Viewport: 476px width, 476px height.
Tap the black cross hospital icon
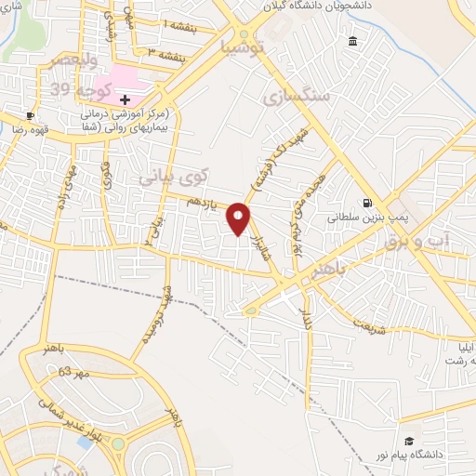[x=126, y=99]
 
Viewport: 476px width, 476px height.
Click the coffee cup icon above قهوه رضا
[x=31, y=116]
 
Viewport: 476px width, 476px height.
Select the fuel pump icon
[x=369, y=204]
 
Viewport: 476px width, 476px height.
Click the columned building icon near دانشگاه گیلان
[x=353, y=43]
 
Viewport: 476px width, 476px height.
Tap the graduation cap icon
[x=407, y=441]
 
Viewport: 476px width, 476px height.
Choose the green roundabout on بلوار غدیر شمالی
[x=118, y=444]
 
